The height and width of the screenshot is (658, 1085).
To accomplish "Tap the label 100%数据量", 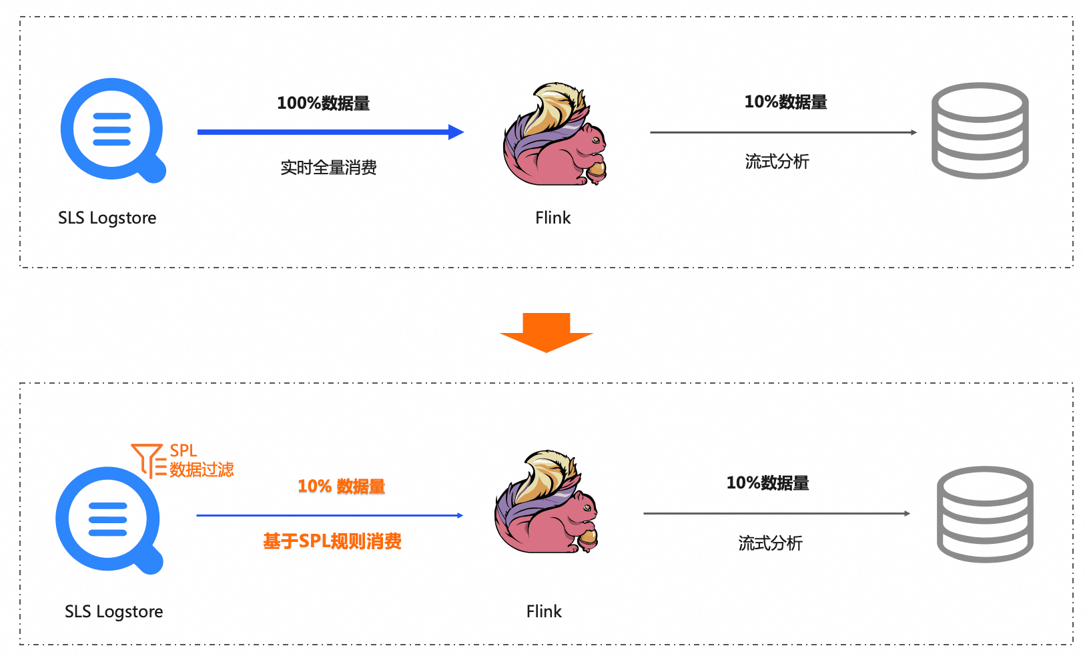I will tap(324, 103).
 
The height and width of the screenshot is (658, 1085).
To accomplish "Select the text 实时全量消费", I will tap(328, 168).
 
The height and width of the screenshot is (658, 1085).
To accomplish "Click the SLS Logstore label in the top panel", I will tap(107, 218).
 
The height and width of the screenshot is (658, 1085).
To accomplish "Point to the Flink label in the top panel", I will tap(553, 218).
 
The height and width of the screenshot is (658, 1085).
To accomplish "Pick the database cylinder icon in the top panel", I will tap(980, 131).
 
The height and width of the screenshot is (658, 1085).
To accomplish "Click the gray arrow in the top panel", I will tap(783, 133).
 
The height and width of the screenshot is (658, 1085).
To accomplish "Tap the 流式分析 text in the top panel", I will tap(777, 161).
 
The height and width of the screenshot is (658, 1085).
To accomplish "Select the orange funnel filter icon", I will tap(148, 460).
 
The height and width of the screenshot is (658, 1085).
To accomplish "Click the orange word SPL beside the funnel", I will tap(184, 451).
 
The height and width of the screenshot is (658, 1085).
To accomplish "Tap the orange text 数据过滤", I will tap(202, 470).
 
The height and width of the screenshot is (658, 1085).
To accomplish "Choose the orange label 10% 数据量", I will tap(341, 486).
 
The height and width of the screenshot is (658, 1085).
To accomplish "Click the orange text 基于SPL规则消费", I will tap(332, 541).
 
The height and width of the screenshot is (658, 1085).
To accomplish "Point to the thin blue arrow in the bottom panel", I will tap(329, 515).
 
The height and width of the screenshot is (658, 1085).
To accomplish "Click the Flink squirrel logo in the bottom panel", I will tap(546, 503).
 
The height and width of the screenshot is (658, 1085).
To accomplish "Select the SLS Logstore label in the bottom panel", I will tap(113, 612).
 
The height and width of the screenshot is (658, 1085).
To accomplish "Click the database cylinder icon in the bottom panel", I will tap(985, 515).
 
